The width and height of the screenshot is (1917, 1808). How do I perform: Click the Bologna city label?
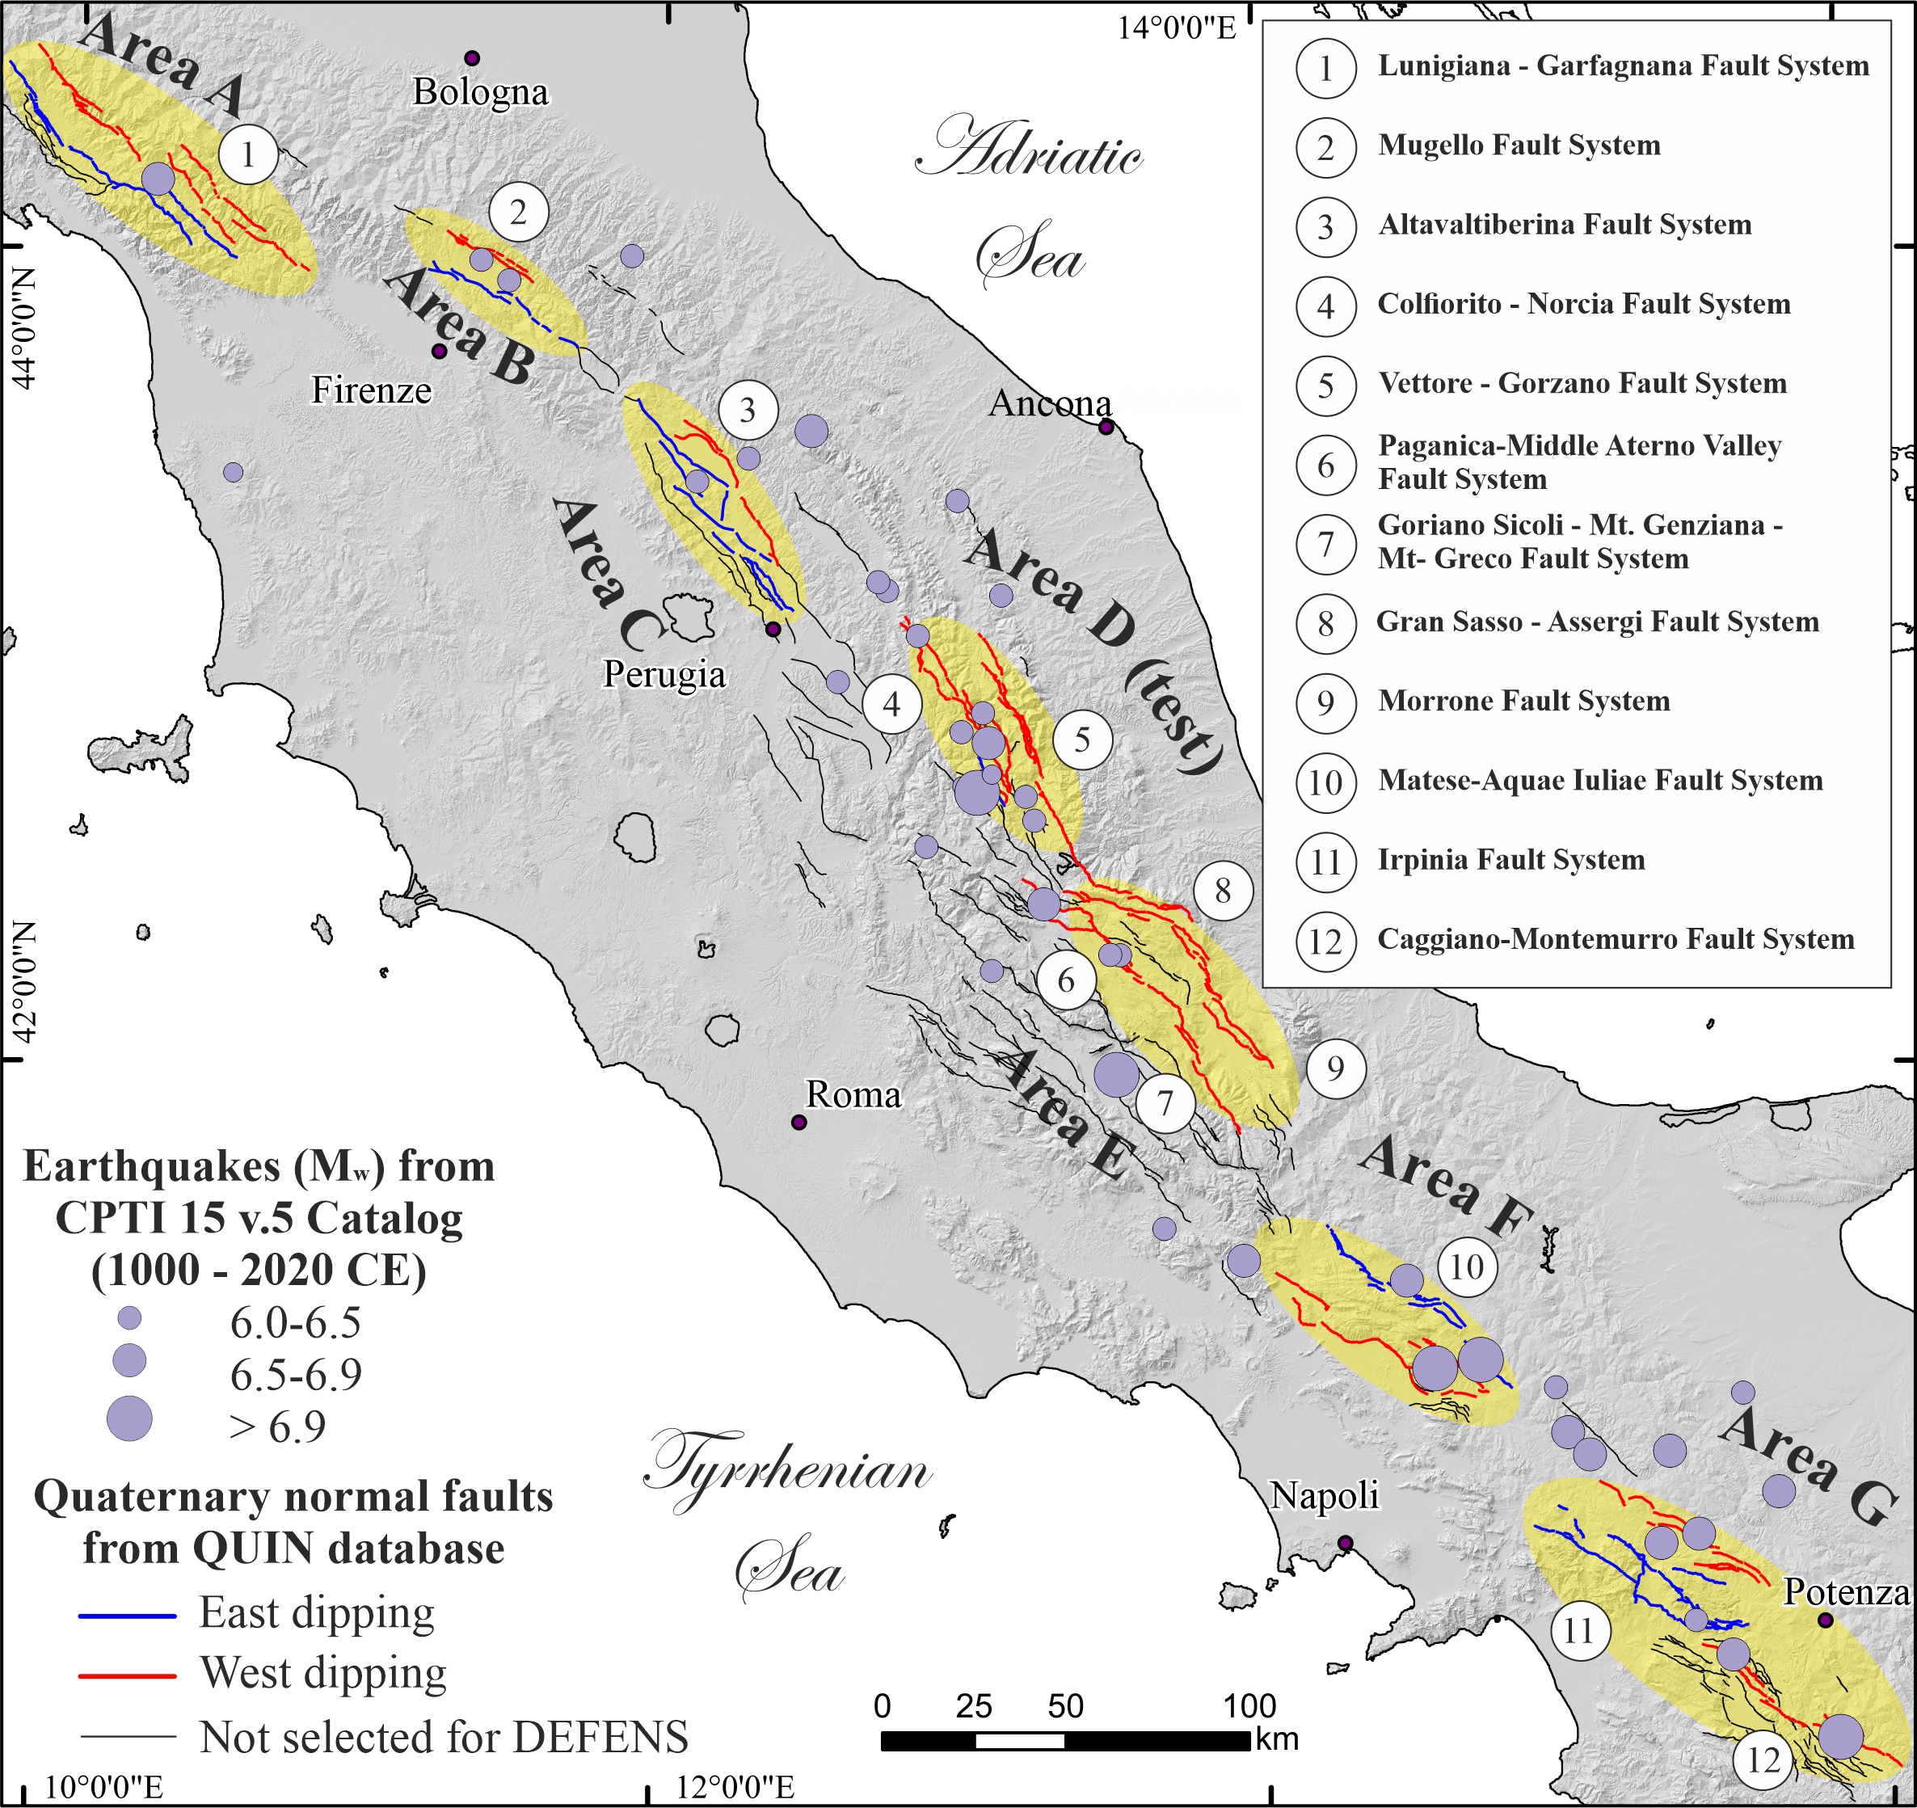480,93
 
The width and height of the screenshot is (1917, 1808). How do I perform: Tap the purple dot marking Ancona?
1106,426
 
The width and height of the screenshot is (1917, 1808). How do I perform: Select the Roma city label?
853,1094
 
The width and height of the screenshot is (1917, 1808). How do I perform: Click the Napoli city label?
1324,1495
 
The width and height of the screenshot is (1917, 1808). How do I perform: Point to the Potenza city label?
1846,1592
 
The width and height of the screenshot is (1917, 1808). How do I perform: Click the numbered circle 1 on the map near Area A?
248,154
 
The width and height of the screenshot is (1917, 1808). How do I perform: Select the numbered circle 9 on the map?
1336,1068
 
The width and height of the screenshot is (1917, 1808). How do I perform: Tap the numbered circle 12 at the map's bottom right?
1763,1761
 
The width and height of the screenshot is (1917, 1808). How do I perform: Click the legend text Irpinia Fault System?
1511,859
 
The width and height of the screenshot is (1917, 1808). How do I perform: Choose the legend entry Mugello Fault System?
1519,145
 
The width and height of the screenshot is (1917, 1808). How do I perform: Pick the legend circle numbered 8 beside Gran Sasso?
1326,623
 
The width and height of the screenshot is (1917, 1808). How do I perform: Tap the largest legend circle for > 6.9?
129,1418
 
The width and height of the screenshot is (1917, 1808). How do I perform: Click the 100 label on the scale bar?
1249,1706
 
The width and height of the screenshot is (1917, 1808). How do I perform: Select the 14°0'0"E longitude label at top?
1177,27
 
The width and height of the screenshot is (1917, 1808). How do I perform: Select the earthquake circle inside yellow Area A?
158,179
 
